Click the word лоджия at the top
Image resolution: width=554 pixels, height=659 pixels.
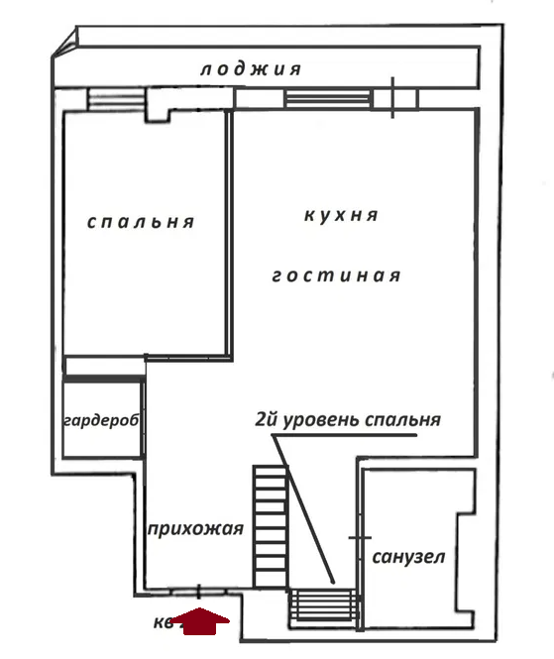(250, 69)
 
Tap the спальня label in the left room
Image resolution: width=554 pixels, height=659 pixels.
(140, 222)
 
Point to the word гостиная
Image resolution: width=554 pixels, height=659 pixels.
(336, 275)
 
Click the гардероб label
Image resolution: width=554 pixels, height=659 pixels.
(100, 420)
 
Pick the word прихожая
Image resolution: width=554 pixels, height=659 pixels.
(194, 529)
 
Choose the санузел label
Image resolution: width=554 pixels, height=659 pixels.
(408, 557)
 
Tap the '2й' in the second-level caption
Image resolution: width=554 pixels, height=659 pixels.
(266, 419)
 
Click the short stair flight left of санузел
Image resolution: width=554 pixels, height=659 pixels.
(324, 604)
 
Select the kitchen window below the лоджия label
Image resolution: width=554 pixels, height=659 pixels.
(328, 99)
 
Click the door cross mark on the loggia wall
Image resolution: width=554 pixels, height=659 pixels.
(393, 97)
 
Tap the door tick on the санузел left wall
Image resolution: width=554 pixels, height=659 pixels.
(358, 537)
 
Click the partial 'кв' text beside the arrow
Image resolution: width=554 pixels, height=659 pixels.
(165, 623)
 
